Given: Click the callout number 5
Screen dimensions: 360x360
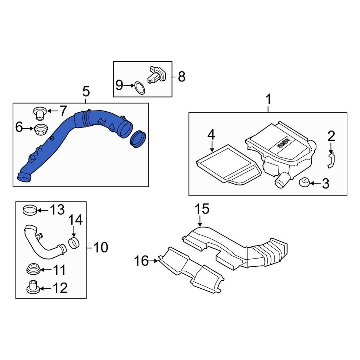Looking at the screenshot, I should click(x=86, y=92).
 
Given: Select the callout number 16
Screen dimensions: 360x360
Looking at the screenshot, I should click(x=141, y=261).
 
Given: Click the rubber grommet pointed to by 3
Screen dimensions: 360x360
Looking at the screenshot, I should click(x=304, y=183).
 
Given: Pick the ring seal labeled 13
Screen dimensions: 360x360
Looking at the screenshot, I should click(x=30, y=209).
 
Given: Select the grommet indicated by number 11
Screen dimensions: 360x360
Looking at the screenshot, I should click(x=34, y=269).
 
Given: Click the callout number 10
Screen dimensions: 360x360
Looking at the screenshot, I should click(x=100, y=247).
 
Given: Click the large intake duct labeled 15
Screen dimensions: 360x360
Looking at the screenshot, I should click(x=234, y=245).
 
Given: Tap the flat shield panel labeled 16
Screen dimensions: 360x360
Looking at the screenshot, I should click(x=191, y=268).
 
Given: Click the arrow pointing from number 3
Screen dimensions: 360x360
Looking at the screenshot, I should click(x=314, y=183).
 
